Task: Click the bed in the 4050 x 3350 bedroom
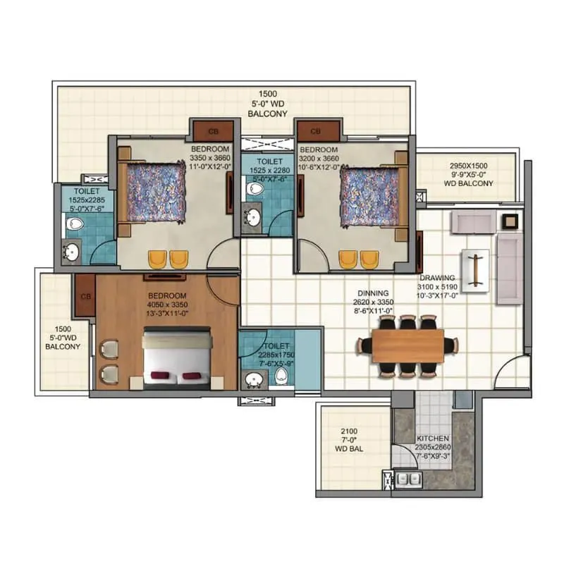click(x=176, y=357)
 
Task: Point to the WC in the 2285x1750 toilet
click(x=282, y=379)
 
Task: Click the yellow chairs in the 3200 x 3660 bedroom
click(x=357, y=259)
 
